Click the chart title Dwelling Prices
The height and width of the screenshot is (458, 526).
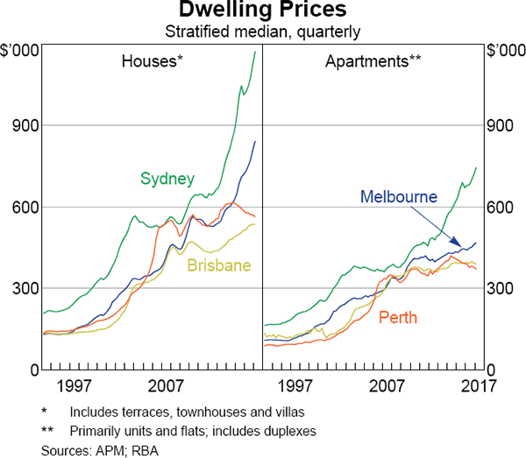coord(263,11)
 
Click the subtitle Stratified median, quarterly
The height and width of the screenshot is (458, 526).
coord(263,32)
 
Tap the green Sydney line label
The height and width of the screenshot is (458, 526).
coord(167,179)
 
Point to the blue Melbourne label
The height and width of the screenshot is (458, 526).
coord(398,196)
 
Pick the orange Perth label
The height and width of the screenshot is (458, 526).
coord(398,317)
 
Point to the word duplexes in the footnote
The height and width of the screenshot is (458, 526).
coord(288,431)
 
